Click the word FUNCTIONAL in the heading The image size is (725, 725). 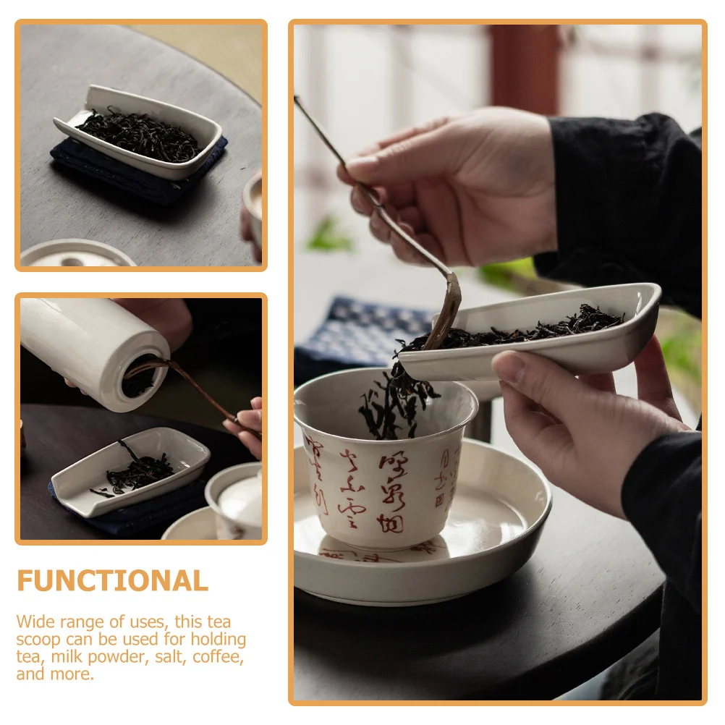[112, 581]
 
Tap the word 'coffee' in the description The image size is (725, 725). [219, 657]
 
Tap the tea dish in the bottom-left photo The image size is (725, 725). [130, 470]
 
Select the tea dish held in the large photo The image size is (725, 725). [550, 333]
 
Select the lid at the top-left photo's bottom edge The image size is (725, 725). [76, 255]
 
